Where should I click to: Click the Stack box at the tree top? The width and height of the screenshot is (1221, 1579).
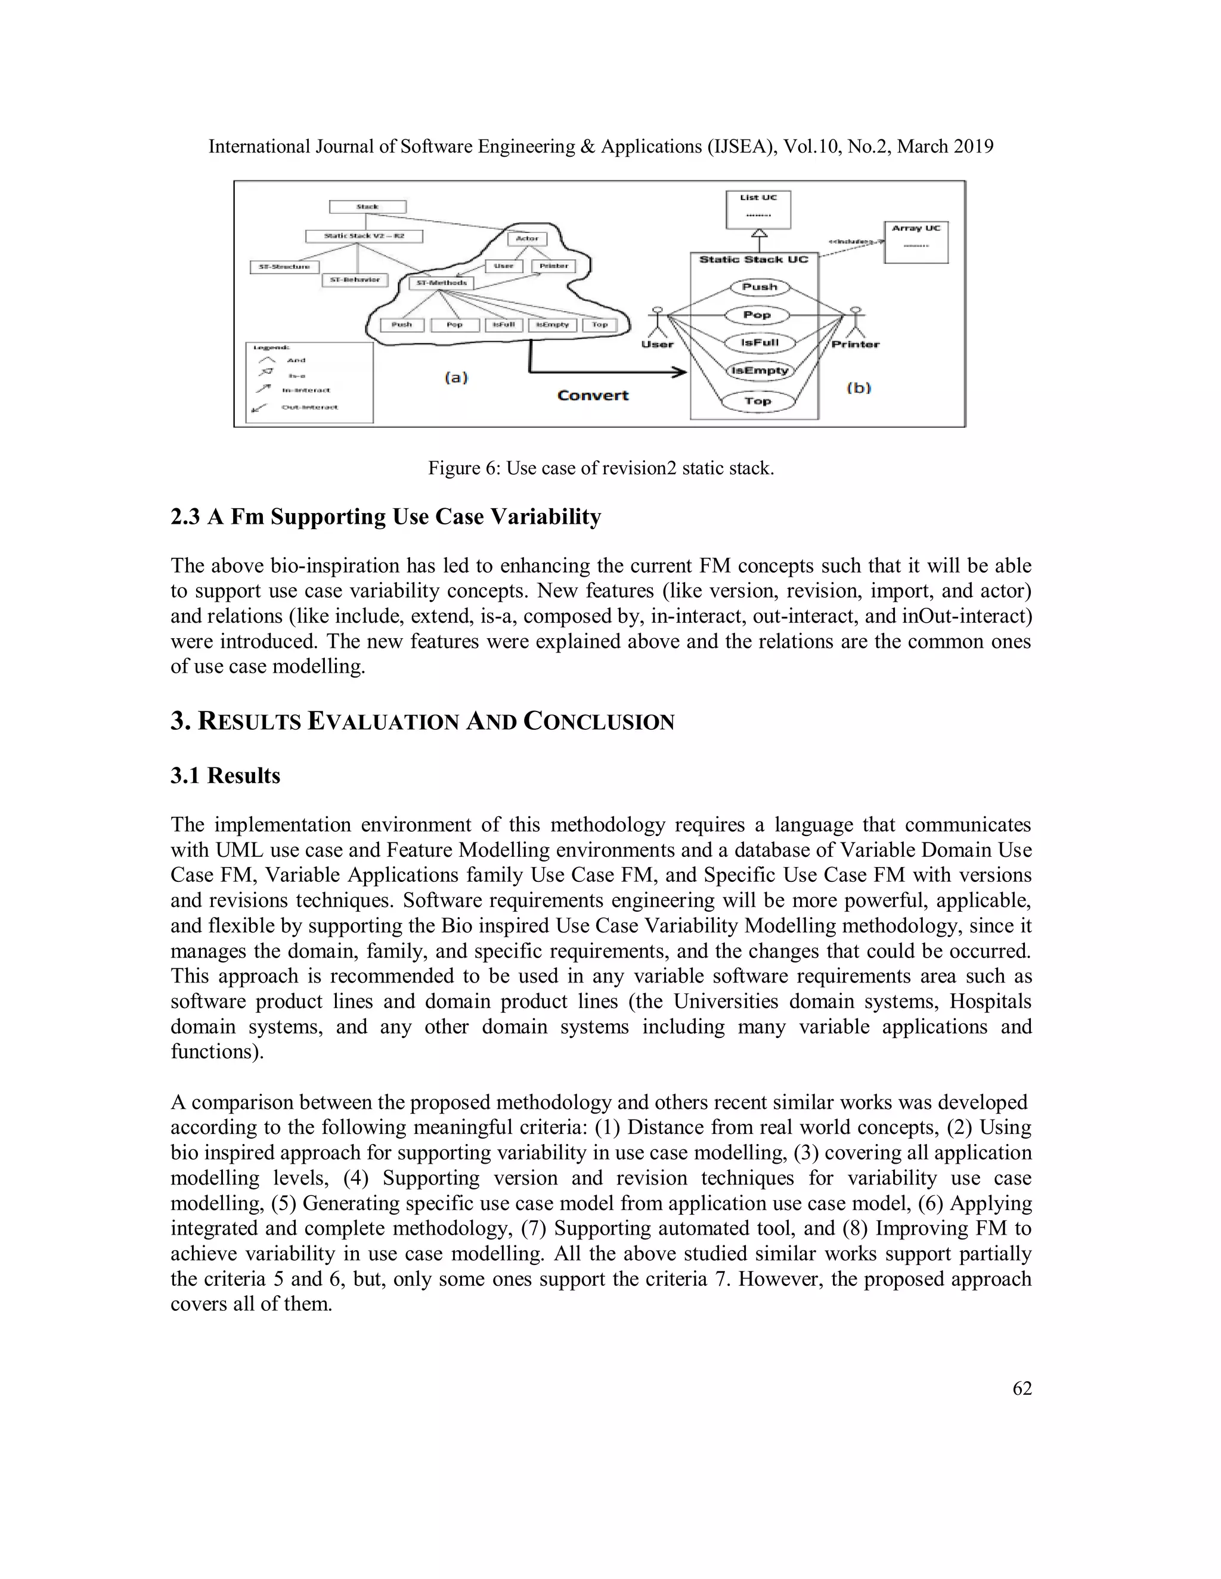click(x=367, y=207)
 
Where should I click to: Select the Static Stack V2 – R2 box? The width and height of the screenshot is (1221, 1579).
click(x=364, y=236)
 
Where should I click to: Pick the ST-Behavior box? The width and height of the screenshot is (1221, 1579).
click(x=355, y=280)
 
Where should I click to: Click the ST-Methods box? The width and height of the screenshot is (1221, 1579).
click(x=441, y=282)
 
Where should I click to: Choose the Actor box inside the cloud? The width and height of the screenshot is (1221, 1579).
click(x=527, y=238)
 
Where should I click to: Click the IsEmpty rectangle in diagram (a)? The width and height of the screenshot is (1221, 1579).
click(x=553, y=325)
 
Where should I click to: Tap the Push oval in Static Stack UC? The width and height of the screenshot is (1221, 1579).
click(x=760, y=287)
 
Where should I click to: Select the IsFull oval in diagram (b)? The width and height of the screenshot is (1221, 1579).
click(x=760, y=343)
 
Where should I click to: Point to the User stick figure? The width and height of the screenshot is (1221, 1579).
click(x=657, y=321)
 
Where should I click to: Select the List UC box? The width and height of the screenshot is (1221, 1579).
click(x=758, y=210)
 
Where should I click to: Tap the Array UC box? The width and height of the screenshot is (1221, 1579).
click(x=916, y=242)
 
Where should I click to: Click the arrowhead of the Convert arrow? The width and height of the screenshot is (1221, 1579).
click(x=680, y=372)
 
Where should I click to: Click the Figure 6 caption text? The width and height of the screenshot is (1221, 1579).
click(x=600, y=468)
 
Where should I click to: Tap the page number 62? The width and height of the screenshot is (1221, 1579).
click(x=1022, y=1389)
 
